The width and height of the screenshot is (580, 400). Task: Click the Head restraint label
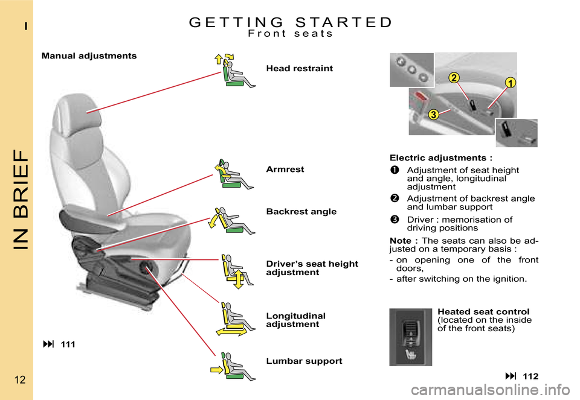(299, 69)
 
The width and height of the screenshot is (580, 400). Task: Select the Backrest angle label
(301, 212)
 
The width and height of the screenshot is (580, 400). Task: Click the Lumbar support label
(304, 361)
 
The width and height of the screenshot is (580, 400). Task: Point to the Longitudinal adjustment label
(295, 320)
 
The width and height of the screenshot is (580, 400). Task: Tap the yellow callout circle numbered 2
(454, 77)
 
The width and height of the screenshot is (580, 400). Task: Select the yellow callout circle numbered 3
(433, 115)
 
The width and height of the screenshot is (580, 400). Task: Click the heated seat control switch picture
(411, 337)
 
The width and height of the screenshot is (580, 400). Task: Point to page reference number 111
(68, 344)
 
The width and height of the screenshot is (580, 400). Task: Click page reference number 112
(530, 376)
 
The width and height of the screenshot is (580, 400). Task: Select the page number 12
(16, 380)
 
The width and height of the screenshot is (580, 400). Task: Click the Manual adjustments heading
(89, 56)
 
